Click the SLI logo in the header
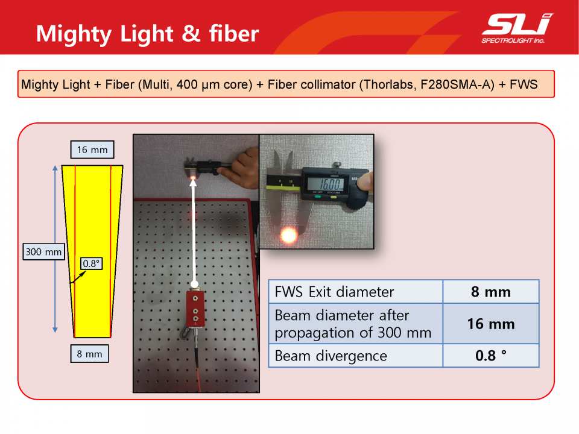516,28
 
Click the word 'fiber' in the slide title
234,34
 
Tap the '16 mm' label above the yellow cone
92,149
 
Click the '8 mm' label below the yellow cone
89,354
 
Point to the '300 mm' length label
43,252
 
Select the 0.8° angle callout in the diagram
91,263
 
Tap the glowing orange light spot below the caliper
288,234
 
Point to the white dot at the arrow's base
194,284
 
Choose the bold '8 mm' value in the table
491,292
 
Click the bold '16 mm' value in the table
491,324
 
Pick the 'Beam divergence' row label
331,356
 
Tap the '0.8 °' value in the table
491,356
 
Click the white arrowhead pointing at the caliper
193,183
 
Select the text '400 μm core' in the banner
213,84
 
